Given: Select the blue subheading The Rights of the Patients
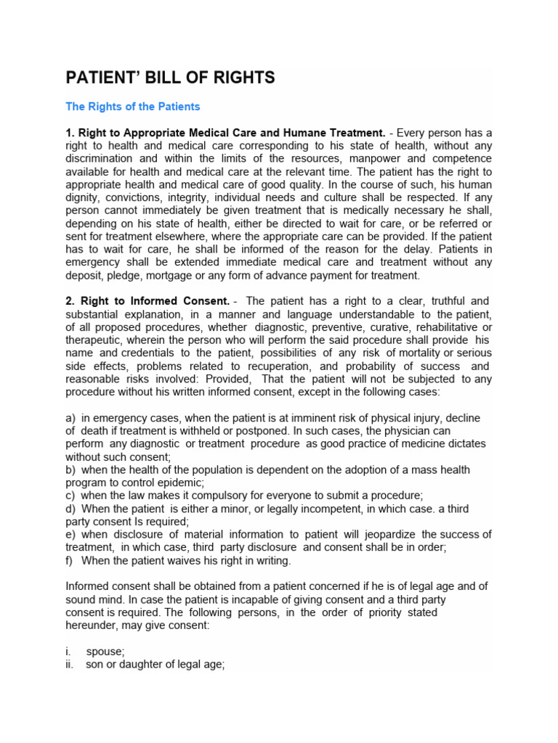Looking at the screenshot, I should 132,107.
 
